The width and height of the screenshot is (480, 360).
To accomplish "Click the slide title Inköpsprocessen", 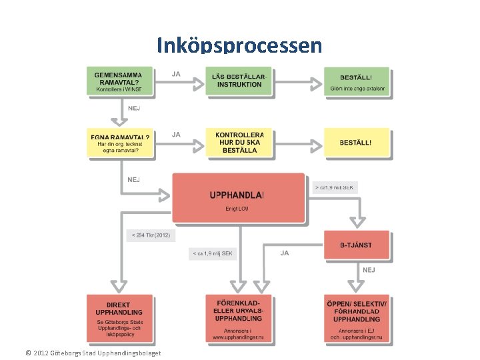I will (x=239, y=45).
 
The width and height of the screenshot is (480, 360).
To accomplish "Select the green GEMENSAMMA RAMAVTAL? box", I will (x=121, y=82).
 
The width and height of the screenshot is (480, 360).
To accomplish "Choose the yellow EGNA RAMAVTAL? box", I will (x=121, y=143).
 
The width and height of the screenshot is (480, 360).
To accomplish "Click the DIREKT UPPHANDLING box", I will (x=119, y=319).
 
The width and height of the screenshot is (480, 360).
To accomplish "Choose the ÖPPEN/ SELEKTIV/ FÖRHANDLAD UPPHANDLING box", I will (x=357, y=319).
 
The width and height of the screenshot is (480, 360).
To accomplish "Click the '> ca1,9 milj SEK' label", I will (x=335, y=188).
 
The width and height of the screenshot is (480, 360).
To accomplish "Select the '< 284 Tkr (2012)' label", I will (x=151, y=235).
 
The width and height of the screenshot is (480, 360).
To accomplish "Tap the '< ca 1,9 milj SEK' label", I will (x=213, y=253).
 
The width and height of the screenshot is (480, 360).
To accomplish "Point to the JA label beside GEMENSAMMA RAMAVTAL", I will (x=176, y=73).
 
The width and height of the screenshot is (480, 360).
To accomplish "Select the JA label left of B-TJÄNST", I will (x=285, y=253).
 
